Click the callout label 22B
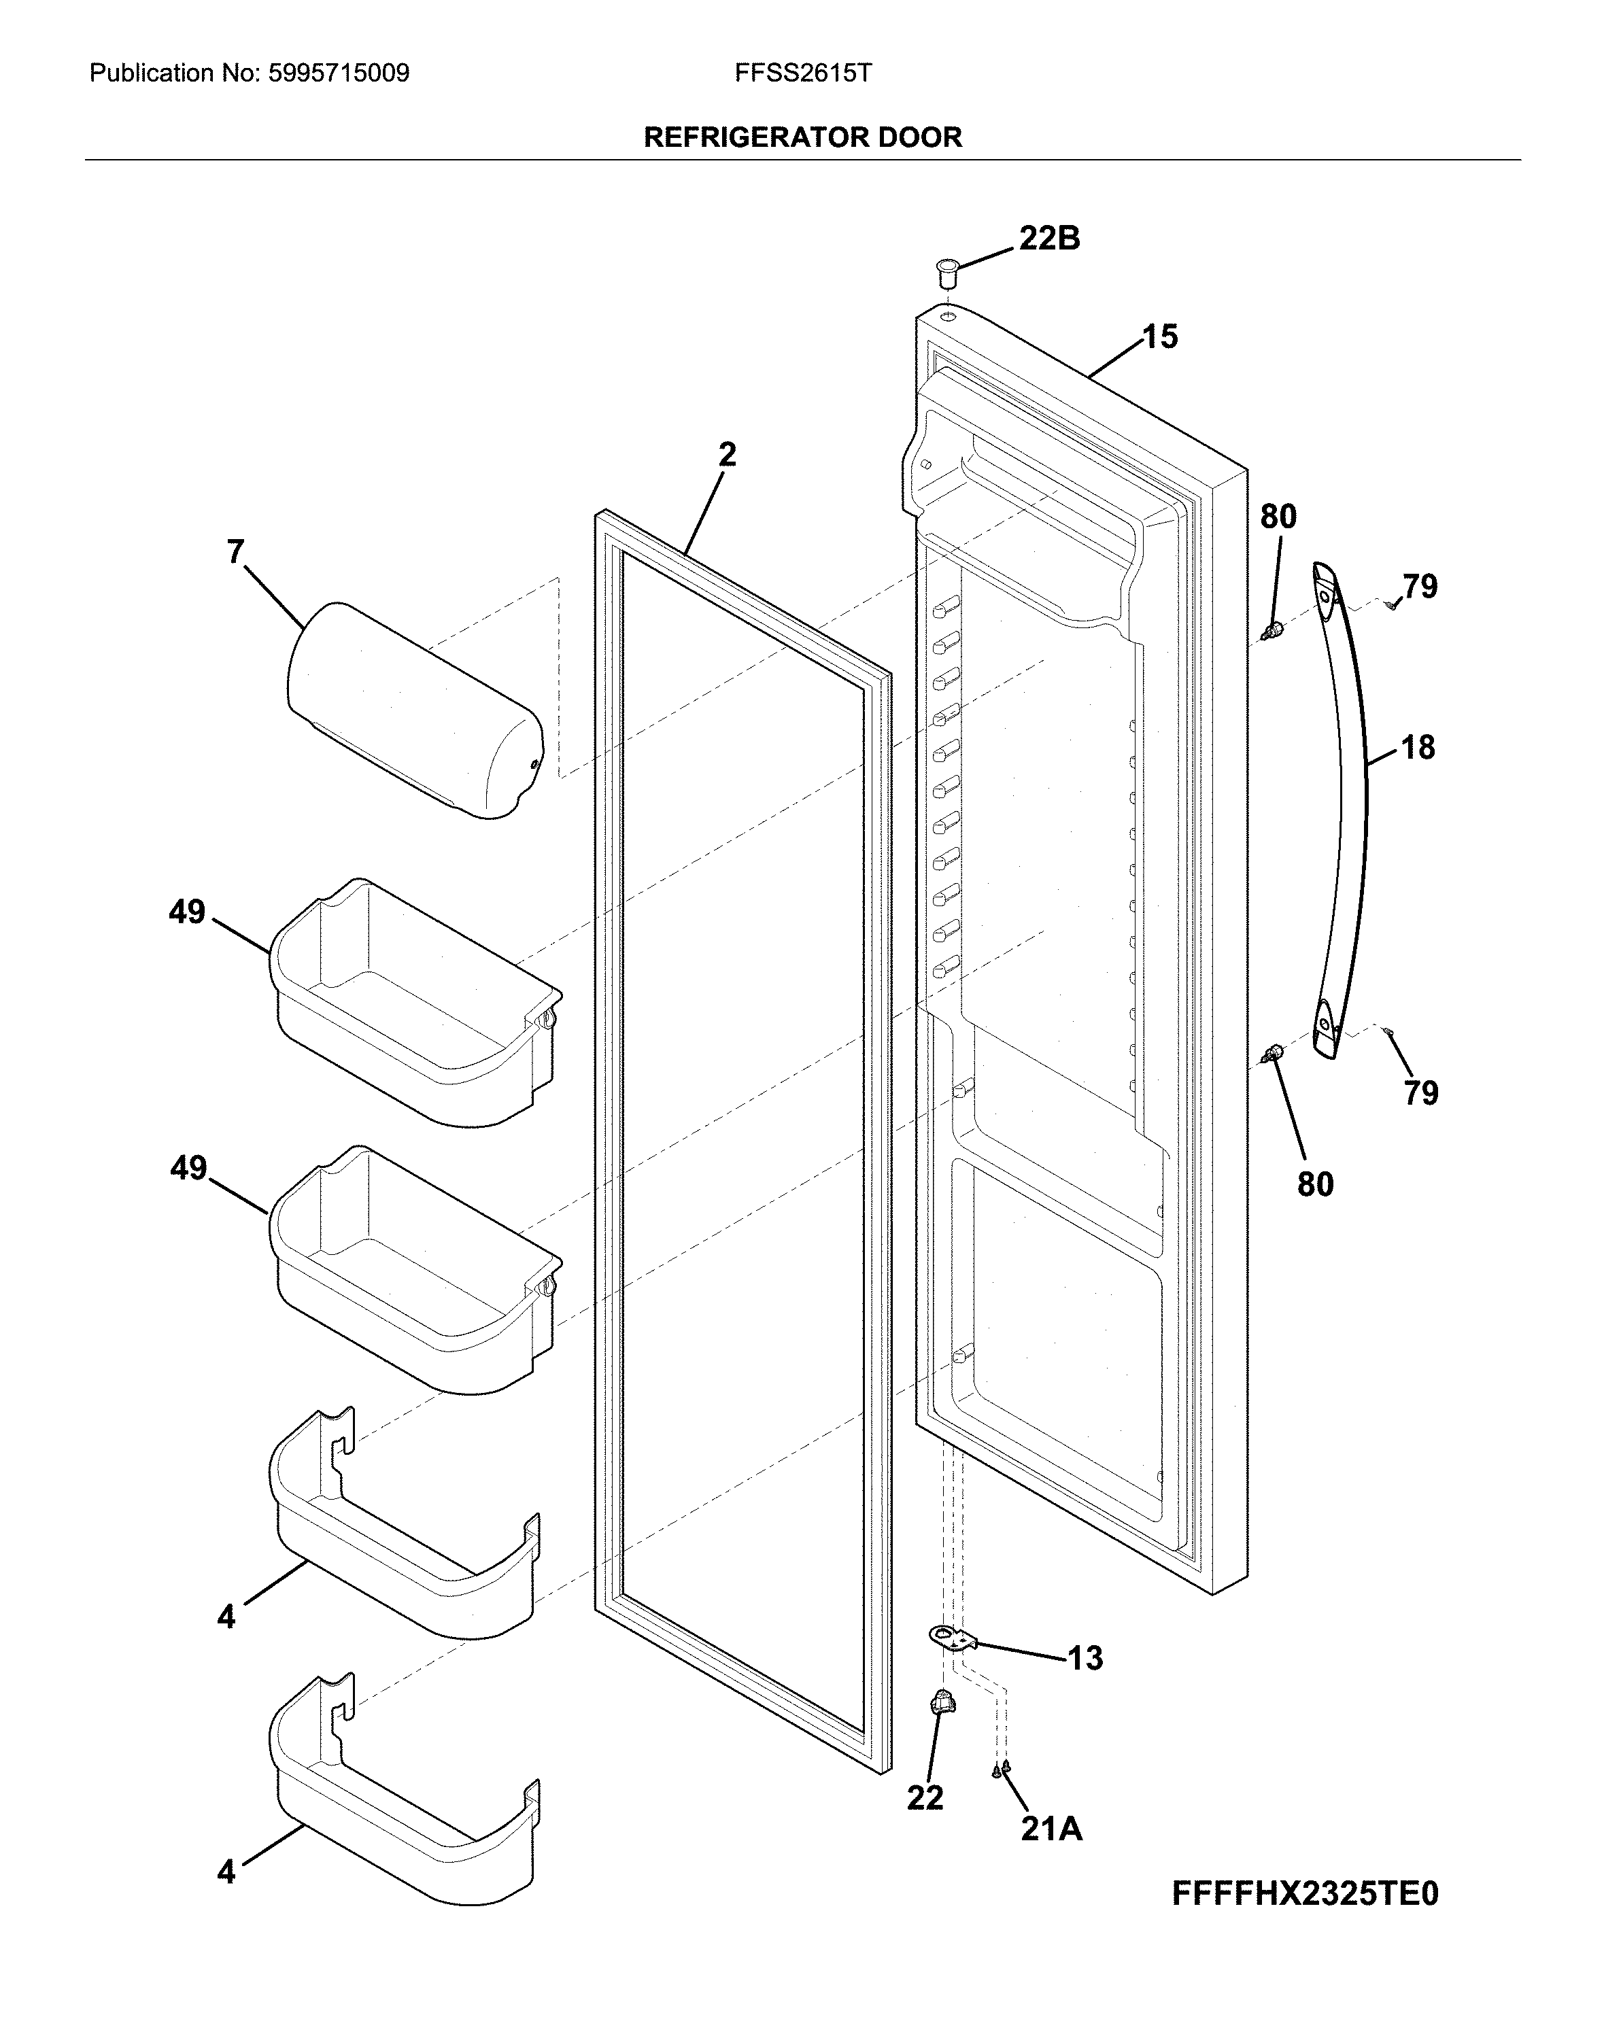coord(1049,239)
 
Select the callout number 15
coord(1160,337)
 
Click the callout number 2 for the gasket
coord(727,455)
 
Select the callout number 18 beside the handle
coord(1418,748)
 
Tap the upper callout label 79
coord(1420,587)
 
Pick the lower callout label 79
coord(1421,1093)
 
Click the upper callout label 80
coord(1278,517)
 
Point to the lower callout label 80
coord(1315,1185)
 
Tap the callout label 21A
coord(1051,1829)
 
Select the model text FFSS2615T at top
coord(803,73)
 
